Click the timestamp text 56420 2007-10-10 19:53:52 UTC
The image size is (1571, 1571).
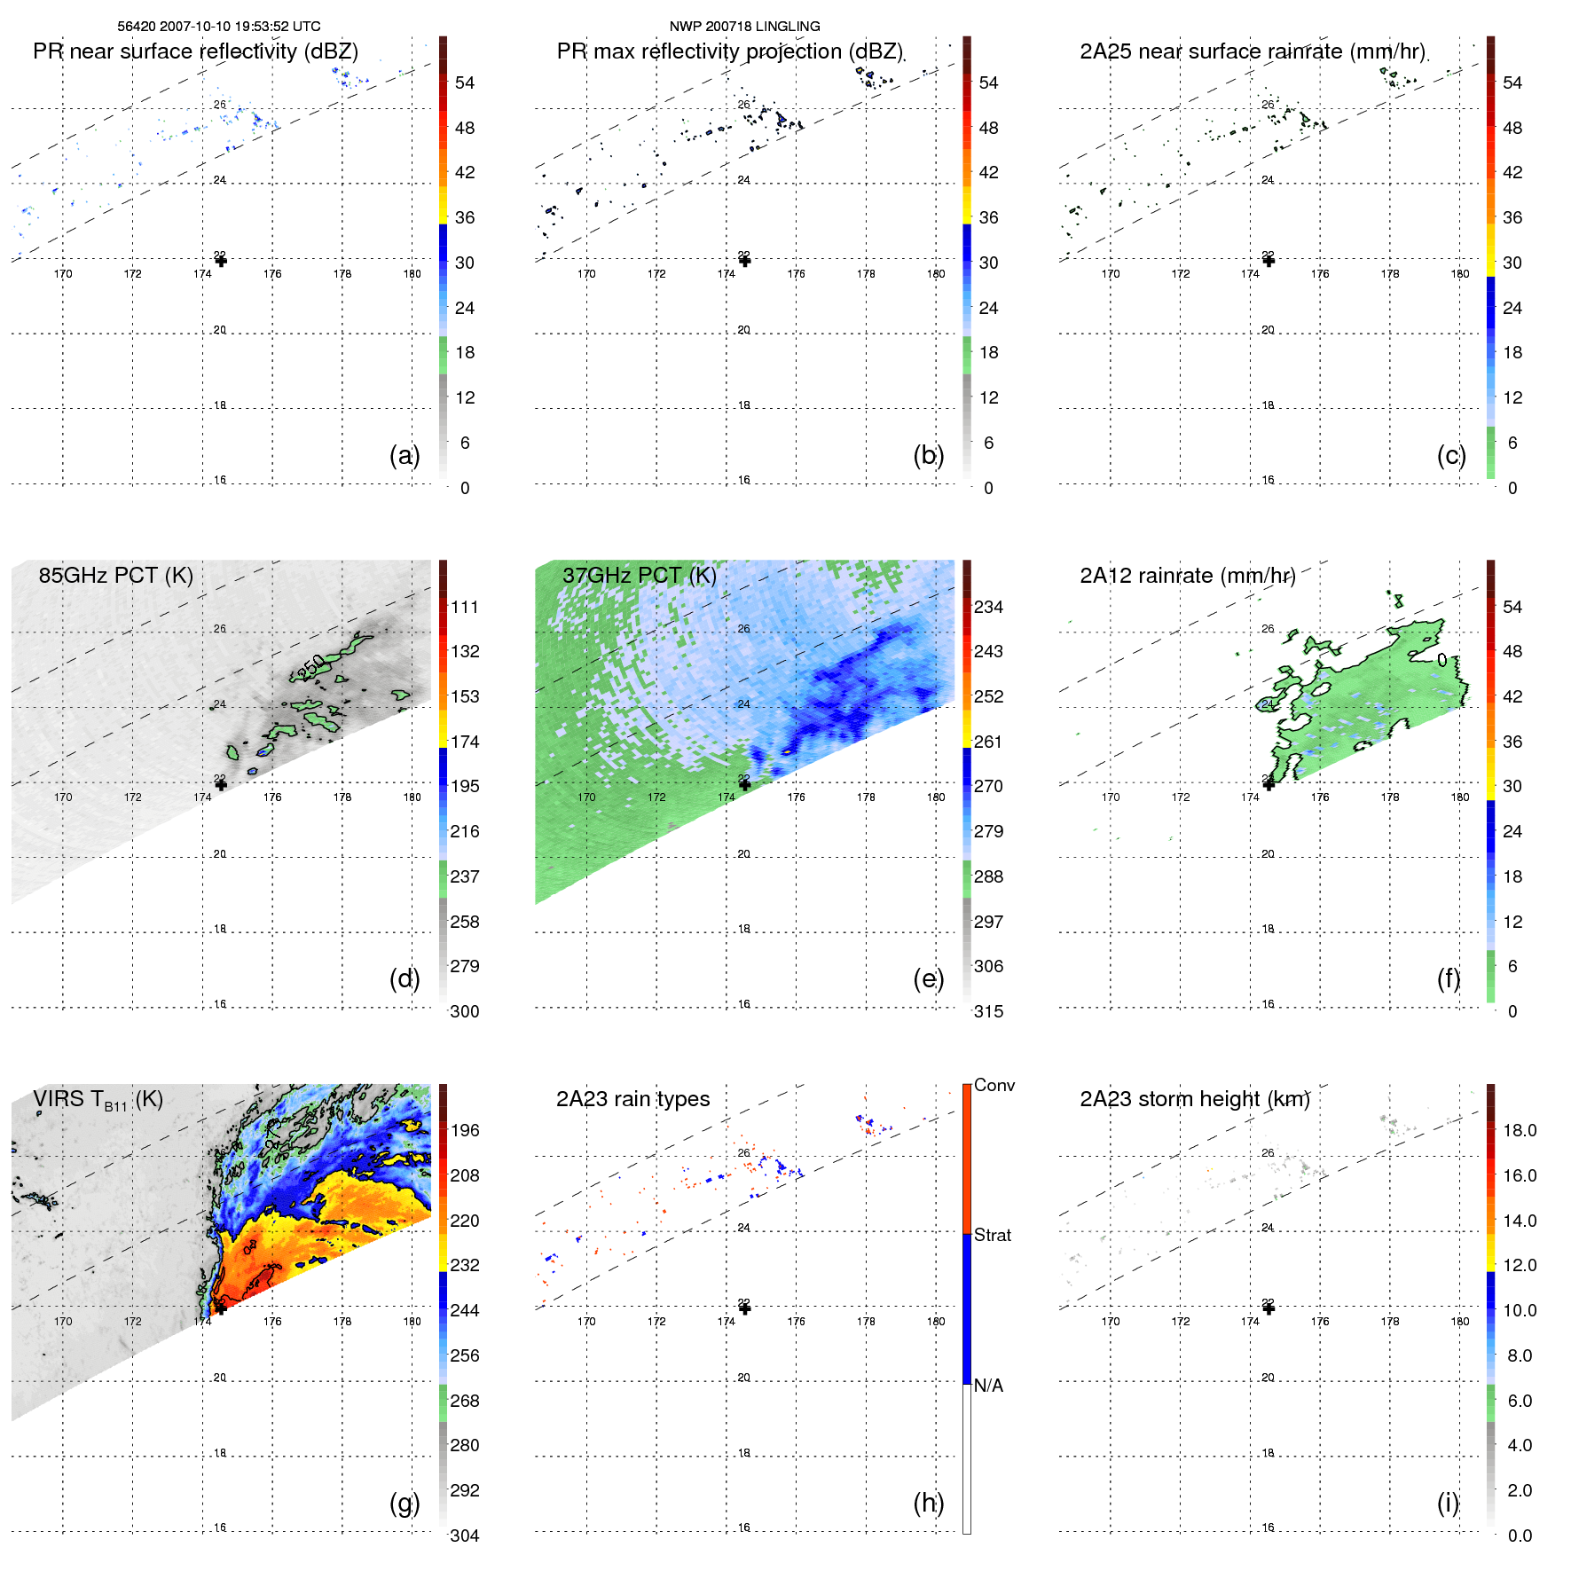pyautogui.click(x=219, y=27)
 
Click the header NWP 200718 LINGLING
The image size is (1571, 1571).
pyautogui.click(x=744, y=27)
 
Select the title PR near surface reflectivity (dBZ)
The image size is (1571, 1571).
pyautogui.click(x=195, y=51)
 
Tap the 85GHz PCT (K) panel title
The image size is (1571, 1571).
pyautogui.click(x=115, y=575)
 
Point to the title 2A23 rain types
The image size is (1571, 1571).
pyautogui.click(x=632, y=1099)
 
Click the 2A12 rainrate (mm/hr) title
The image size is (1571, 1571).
pyautogui.click(x=1187, y=576)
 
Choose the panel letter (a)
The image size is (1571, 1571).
pyautogui.click(x=404, y=455)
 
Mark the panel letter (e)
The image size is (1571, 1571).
pyautogui.click(x=928, y=978)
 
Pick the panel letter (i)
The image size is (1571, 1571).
pyautogui.click(x=1448, y=1503)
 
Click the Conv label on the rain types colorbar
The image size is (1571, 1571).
pyautogui.click(x=994, y=1085)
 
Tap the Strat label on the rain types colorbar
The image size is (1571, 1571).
pyautogui.click(x=992, y=1235)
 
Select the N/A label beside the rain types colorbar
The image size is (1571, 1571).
pyautogui.click(x=988, y=1386)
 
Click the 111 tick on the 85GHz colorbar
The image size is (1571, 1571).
pyautogui.click(x=465, y=607)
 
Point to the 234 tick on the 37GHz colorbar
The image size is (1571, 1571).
pyautogui.click(x=988, y=607)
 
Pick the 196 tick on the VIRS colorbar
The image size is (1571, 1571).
pyautogui.click(x=465, y=1130)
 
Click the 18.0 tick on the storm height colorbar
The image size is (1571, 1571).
pyautogui.click(x=1520, y=1130)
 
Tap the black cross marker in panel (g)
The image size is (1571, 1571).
pyautogui.click(x=221, y=1308)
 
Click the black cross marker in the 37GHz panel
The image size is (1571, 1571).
pyautogui.click(x=745, y=785)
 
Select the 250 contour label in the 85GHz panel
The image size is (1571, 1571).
pyautogui.click(x=311, y=665)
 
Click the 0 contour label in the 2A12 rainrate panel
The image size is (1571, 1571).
pyautogui.click(x=1441, y=660)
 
